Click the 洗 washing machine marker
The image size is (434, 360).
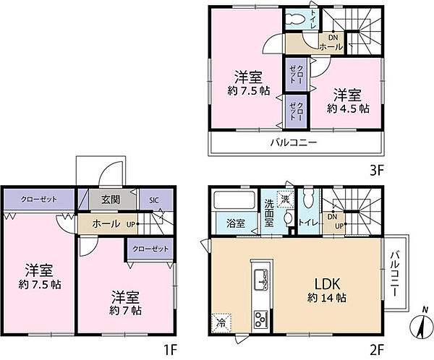pyautogui.click(x=286, y=198)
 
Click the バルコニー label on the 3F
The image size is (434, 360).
pyautogui.click(x=294, y=142)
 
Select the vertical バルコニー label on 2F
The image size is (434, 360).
pyautogui.click(x=396, y=274)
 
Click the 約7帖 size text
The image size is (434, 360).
pyautogui.click(x=127, y=310)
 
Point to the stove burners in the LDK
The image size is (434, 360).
pyautogui.click(x=260, y=318)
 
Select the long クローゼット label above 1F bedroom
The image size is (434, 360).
pyautogui.click(x=40, y=200)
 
